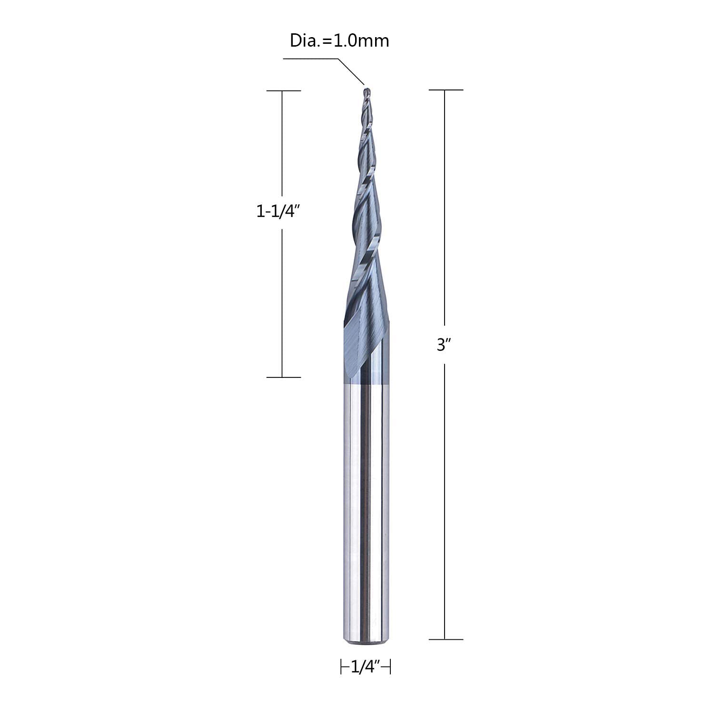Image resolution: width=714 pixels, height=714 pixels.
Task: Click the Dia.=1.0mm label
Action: pos(339,40)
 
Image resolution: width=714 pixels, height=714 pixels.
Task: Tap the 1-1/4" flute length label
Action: pos(279,211)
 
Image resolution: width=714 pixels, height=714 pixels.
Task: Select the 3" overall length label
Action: pos(444,345)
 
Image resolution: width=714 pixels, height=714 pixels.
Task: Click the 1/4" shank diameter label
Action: pos(365,667)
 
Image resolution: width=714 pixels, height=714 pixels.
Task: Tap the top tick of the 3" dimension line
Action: pos(446,89)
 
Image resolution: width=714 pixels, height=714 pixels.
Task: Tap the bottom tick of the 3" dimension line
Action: pos(446,639)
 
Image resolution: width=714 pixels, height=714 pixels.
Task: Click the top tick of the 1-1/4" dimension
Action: pos(283,90)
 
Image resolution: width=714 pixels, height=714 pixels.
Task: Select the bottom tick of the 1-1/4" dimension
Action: pos(283,377)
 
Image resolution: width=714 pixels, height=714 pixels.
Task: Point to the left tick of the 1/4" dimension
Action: pos(342,667)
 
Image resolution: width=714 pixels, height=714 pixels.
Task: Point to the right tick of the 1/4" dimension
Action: pos(390,667)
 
